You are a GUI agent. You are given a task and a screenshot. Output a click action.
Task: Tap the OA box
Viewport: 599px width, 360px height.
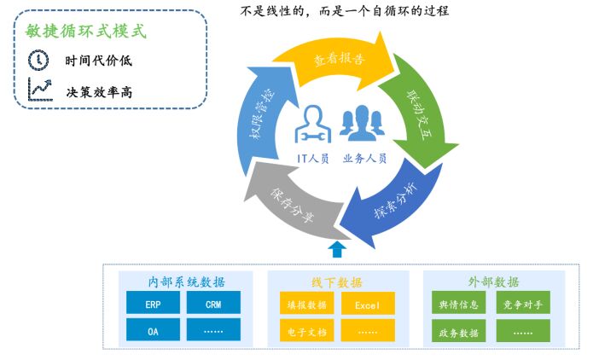coord(153,330)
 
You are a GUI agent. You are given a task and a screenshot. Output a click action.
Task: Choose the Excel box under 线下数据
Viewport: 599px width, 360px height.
coord(368,304)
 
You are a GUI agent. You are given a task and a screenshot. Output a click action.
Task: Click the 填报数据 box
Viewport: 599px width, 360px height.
coord(305,304)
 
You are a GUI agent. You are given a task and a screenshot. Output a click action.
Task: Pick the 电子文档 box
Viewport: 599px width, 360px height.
coord(305,331)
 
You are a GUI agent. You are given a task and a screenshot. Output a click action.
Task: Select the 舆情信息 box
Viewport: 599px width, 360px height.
coord(459,304)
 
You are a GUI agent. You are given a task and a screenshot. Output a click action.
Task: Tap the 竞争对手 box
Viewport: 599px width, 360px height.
coord(522,304)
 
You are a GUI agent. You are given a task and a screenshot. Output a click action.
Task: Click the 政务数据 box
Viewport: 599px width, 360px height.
coord(459,331)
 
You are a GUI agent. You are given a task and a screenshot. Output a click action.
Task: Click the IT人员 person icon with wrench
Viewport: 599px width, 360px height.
coord(311,125)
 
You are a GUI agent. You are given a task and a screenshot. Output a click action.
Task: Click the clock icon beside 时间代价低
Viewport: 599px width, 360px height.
coord(39,60)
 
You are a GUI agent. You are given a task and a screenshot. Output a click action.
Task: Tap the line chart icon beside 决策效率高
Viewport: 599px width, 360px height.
coord(39,89)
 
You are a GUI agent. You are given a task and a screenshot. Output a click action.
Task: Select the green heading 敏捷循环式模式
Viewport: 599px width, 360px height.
coord(86,31)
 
